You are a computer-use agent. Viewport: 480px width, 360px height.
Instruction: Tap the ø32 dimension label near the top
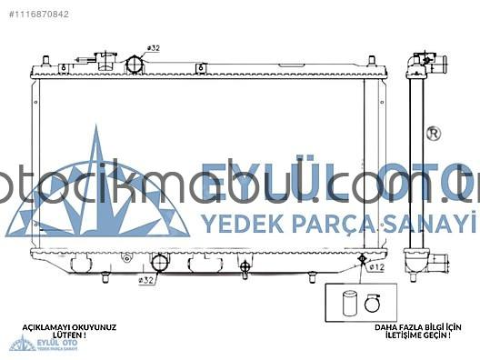coord(153,47)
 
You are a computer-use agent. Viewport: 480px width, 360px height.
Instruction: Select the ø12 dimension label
coord(376,267)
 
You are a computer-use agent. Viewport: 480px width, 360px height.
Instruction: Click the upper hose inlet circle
coord(136,65)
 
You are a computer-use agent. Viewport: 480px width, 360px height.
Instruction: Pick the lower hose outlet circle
coord(160,264)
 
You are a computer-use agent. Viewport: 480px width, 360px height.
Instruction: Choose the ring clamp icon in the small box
coord(372,304)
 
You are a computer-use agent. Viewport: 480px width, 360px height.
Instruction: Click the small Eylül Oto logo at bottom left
coord(23,344)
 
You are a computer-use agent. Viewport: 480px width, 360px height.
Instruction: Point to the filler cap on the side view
coord(419,60)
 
